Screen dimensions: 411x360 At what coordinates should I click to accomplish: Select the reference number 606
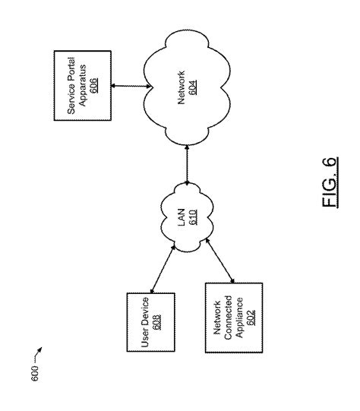tap(92, 84)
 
